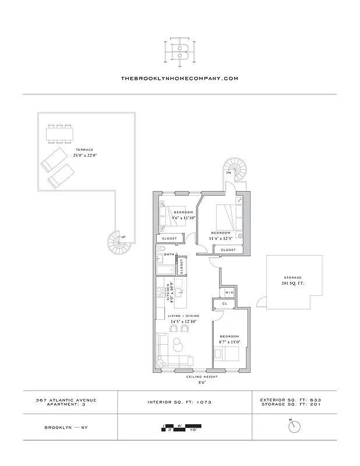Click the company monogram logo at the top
(x=179, y=50)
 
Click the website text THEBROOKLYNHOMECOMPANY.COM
(x=179, y=77)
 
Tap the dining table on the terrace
(x=60, y=134)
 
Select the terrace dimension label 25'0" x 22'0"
(x=84, y=156)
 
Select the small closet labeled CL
(x=224, y=303)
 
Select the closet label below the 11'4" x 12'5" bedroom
(x=228, y=250)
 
